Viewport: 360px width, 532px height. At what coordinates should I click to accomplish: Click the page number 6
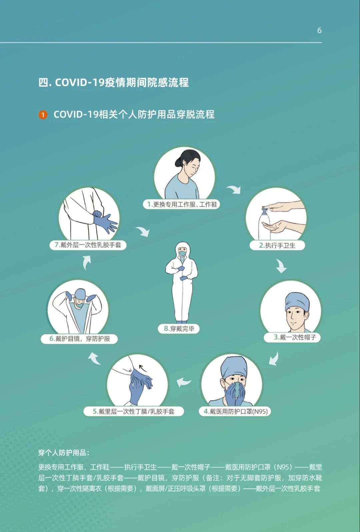point(319,30)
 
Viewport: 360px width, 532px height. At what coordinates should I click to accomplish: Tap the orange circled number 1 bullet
point(43,115)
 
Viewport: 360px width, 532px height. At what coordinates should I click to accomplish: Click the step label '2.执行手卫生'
point(277,245)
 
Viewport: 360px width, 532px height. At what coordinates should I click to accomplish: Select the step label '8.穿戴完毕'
point(179,329)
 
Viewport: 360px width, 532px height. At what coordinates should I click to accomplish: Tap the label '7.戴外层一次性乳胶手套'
point(88,245)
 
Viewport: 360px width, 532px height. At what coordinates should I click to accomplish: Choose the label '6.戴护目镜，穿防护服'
point(79,339)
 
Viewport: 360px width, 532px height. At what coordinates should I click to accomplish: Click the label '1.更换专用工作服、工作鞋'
point(181,204)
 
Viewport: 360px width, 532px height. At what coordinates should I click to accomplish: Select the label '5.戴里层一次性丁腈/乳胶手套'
point(134,411)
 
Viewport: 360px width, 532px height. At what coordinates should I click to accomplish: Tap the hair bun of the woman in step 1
point(178,163)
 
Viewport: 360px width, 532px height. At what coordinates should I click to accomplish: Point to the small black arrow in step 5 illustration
point(142,368)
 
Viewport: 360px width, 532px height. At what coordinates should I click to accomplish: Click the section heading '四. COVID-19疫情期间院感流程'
point(114,83)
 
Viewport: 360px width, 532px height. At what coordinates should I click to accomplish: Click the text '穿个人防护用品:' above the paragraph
point(64,453)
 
